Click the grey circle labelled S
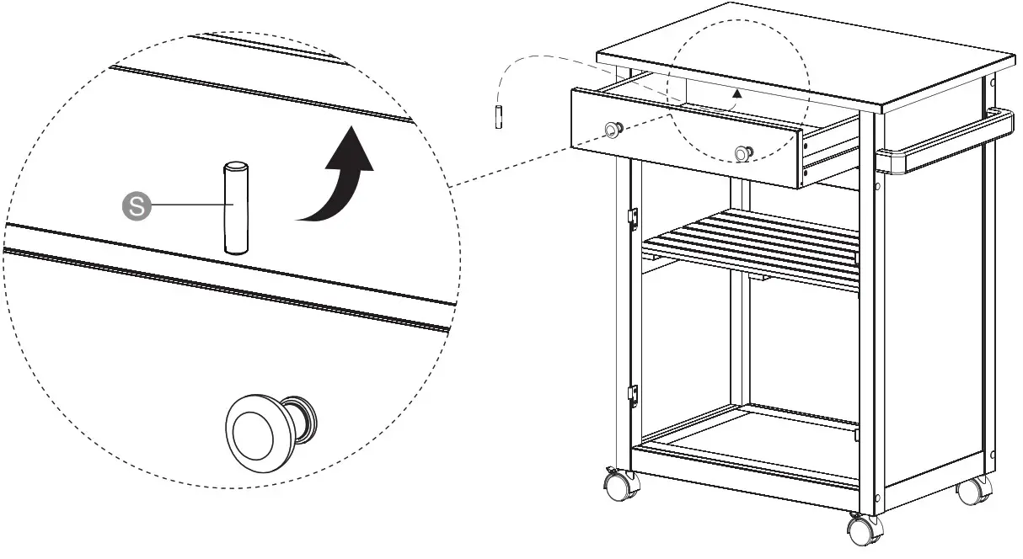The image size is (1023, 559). (136, 205)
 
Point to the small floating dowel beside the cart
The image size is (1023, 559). (500, 115)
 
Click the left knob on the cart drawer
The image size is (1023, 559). (613, 129)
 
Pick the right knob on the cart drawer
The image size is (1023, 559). (743, 153)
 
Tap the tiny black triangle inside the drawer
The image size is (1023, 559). (737, 94)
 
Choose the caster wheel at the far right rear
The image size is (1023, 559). (975, 490)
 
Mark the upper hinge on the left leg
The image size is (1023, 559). (632, 216)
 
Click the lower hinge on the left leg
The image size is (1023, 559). (632, 395)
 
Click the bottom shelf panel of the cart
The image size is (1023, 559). (750, 438)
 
